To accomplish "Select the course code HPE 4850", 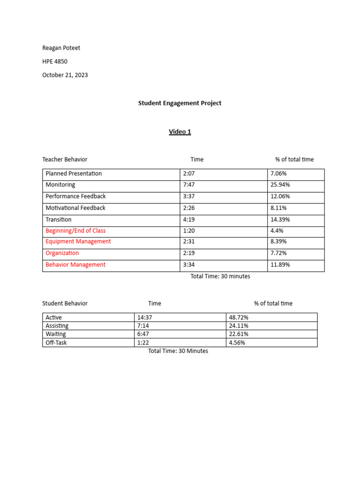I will click(55, 61).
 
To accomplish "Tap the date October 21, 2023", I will click(65, 75).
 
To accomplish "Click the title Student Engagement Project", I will click(180, 103).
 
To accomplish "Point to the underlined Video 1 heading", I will click(180, 132).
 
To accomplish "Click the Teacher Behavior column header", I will click(65, 159).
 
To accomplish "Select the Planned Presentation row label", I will click(74, 173).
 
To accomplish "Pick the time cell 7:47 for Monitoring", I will click(189, 185).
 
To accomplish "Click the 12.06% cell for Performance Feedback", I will click(280, 196).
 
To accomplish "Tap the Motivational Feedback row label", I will click(75, 208).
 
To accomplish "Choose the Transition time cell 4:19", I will click(189, 219).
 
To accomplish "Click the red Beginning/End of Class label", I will click(75, 231).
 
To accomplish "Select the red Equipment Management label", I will click(78, 241).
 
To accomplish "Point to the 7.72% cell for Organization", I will click(278, 253).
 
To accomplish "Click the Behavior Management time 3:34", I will click(189, 264).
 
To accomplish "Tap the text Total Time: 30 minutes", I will click(220, 276).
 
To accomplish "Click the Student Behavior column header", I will click(65, 303).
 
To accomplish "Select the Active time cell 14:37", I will click(145, 317).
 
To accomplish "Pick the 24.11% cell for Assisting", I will click(239, 326).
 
